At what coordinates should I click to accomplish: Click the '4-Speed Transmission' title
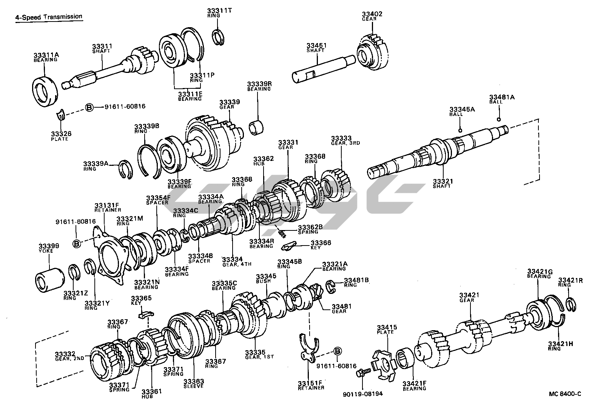coord(49,17)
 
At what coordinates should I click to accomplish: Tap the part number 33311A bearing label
coord(46,55)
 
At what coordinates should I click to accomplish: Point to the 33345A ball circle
coord(460,131)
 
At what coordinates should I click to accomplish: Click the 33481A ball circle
coord(499,120)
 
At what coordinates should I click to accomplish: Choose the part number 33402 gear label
coord(372,14)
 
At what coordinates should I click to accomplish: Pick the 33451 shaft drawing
coord(323,69)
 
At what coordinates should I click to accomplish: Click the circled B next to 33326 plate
coord(89,107)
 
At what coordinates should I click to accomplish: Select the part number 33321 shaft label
coord(443,181)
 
